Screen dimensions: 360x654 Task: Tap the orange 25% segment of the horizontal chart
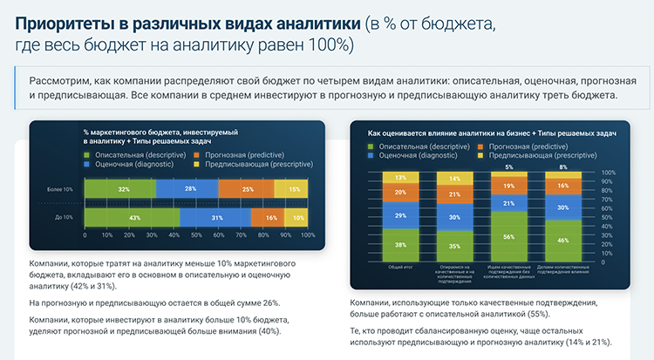[248, 189]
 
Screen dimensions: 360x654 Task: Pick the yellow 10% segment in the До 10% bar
[299, 217]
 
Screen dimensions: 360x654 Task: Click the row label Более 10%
[60, 189]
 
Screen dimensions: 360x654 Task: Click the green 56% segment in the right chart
[509, 236]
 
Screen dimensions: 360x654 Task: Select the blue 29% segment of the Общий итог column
[400, 214]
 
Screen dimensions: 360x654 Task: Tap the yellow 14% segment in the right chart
[455, 179]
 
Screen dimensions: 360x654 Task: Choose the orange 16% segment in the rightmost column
[563, 186]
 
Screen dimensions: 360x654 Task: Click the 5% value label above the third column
[509, 166]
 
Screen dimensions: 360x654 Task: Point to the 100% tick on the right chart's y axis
[610, 173]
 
